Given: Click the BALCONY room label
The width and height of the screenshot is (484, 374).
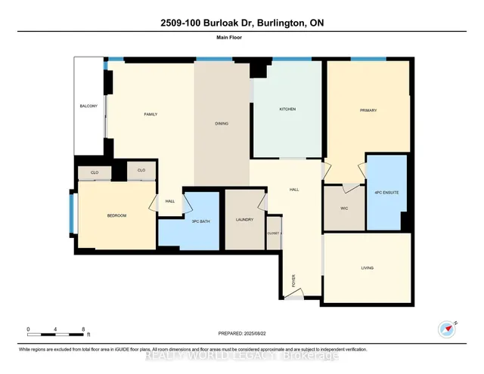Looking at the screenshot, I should click(89, 106).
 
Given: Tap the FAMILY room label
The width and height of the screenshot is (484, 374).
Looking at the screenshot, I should click(150, 114).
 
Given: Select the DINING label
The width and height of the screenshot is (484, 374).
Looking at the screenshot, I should click(221, 124).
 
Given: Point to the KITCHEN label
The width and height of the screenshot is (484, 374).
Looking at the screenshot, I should click(287, 110).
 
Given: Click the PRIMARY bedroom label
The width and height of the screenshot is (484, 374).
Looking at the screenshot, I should click(368, 110).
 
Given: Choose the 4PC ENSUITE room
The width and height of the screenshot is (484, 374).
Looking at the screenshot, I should click(387, 193).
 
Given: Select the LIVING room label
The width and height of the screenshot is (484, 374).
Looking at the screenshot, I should click(368, 268).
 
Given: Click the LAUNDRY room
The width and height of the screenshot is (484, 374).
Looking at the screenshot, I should click(244, 220).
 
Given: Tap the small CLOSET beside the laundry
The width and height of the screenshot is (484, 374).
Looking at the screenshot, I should click(273, 233).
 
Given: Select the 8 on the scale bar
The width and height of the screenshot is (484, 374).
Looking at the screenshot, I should click(82, 329).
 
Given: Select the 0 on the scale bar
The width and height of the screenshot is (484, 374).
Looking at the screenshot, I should click(28, 329).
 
